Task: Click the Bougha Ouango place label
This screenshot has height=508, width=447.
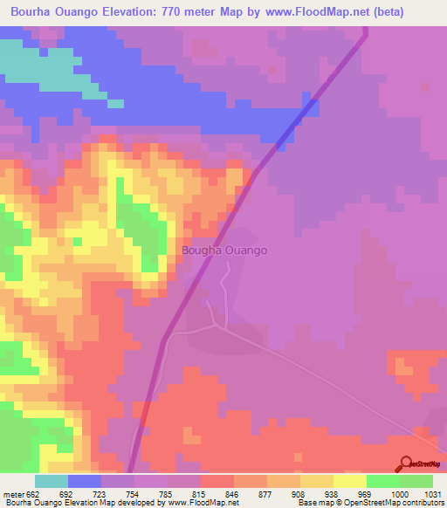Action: [x=224, y=251]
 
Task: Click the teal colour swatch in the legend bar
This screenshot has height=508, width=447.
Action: [x=52, y=482]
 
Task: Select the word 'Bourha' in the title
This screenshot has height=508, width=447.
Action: [x=30, y=11]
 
